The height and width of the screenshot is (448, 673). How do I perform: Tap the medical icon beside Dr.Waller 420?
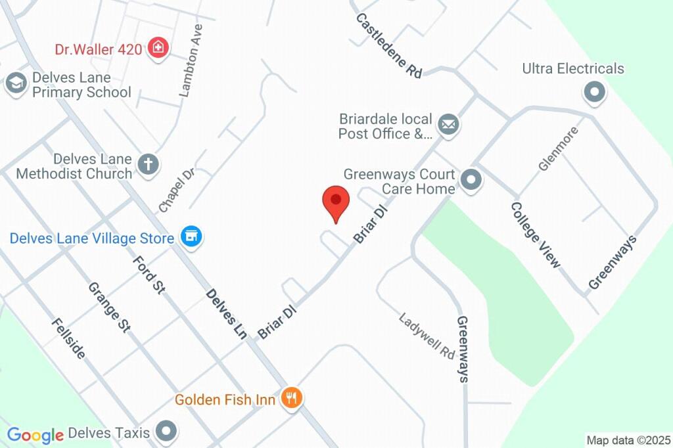(x=158, y=48)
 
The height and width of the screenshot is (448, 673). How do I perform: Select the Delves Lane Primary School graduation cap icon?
(x=15, y=83)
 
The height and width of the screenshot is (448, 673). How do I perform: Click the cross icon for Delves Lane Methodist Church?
(x=149, y=164)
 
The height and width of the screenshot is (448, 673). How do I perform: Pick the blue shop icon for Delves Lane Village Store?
(x=191, y=237)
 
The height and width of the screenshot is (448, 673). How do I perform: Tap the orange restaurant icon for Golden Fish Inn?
(x=290, y=397)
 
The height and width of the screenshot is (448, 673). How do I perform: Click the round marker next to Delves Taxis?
(x=167, y=432)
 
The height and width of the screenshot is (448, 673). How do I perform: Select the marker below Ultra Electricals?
(x=595, y=93)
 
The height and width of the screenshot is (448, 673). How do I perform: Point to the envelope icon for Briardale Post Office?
(x=449, y=123)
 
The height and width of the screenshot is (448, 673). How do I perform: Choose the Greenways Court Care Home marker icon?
(x=471, y=180)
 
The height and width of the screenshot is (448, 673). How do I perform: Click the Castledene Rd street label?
(x=389, y=45)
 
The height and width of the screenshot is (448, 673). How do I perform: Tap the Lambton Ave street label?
(x=191, y=61)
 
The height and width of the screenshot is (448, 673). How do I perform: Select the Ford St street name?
(x=149, y=275)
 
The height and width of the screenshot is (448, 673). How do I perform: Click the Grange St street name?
(x=109, y=307)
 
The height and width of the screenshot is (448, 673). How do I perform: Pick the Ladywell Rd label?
(x=427, y=335)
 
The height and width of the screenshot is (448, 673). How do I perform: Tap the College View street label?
(x=537, y=235)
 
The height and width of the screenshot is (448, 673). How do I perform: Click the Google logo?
(x=35, y=434)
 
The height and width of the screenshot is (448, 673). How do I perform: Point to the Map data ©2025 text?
(x=628, y=439)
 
